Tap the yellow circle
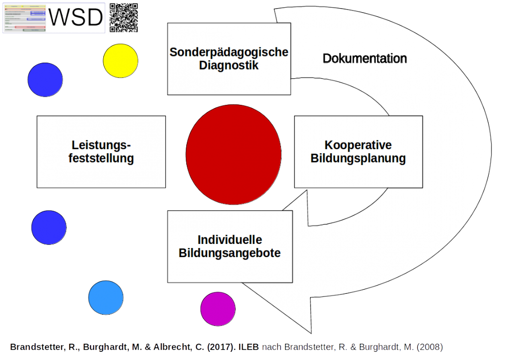[121, 61]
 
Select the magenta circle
[218, 309]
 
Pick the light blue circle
[106, 297]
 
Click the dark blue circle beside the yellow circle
[45, 80]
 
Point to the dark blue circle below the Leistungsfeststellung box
[49, 227]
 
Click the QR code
[124, 18]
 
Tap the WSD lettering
[76, 18]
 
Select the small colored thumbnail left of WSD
[25, 18]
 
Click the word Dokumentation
[364, 59]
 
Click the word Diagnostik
[229, 65]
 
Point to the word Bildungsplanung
[358, 158]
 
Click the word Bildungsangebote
[230, 253]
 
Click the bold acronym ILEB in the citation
[250, 347]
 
